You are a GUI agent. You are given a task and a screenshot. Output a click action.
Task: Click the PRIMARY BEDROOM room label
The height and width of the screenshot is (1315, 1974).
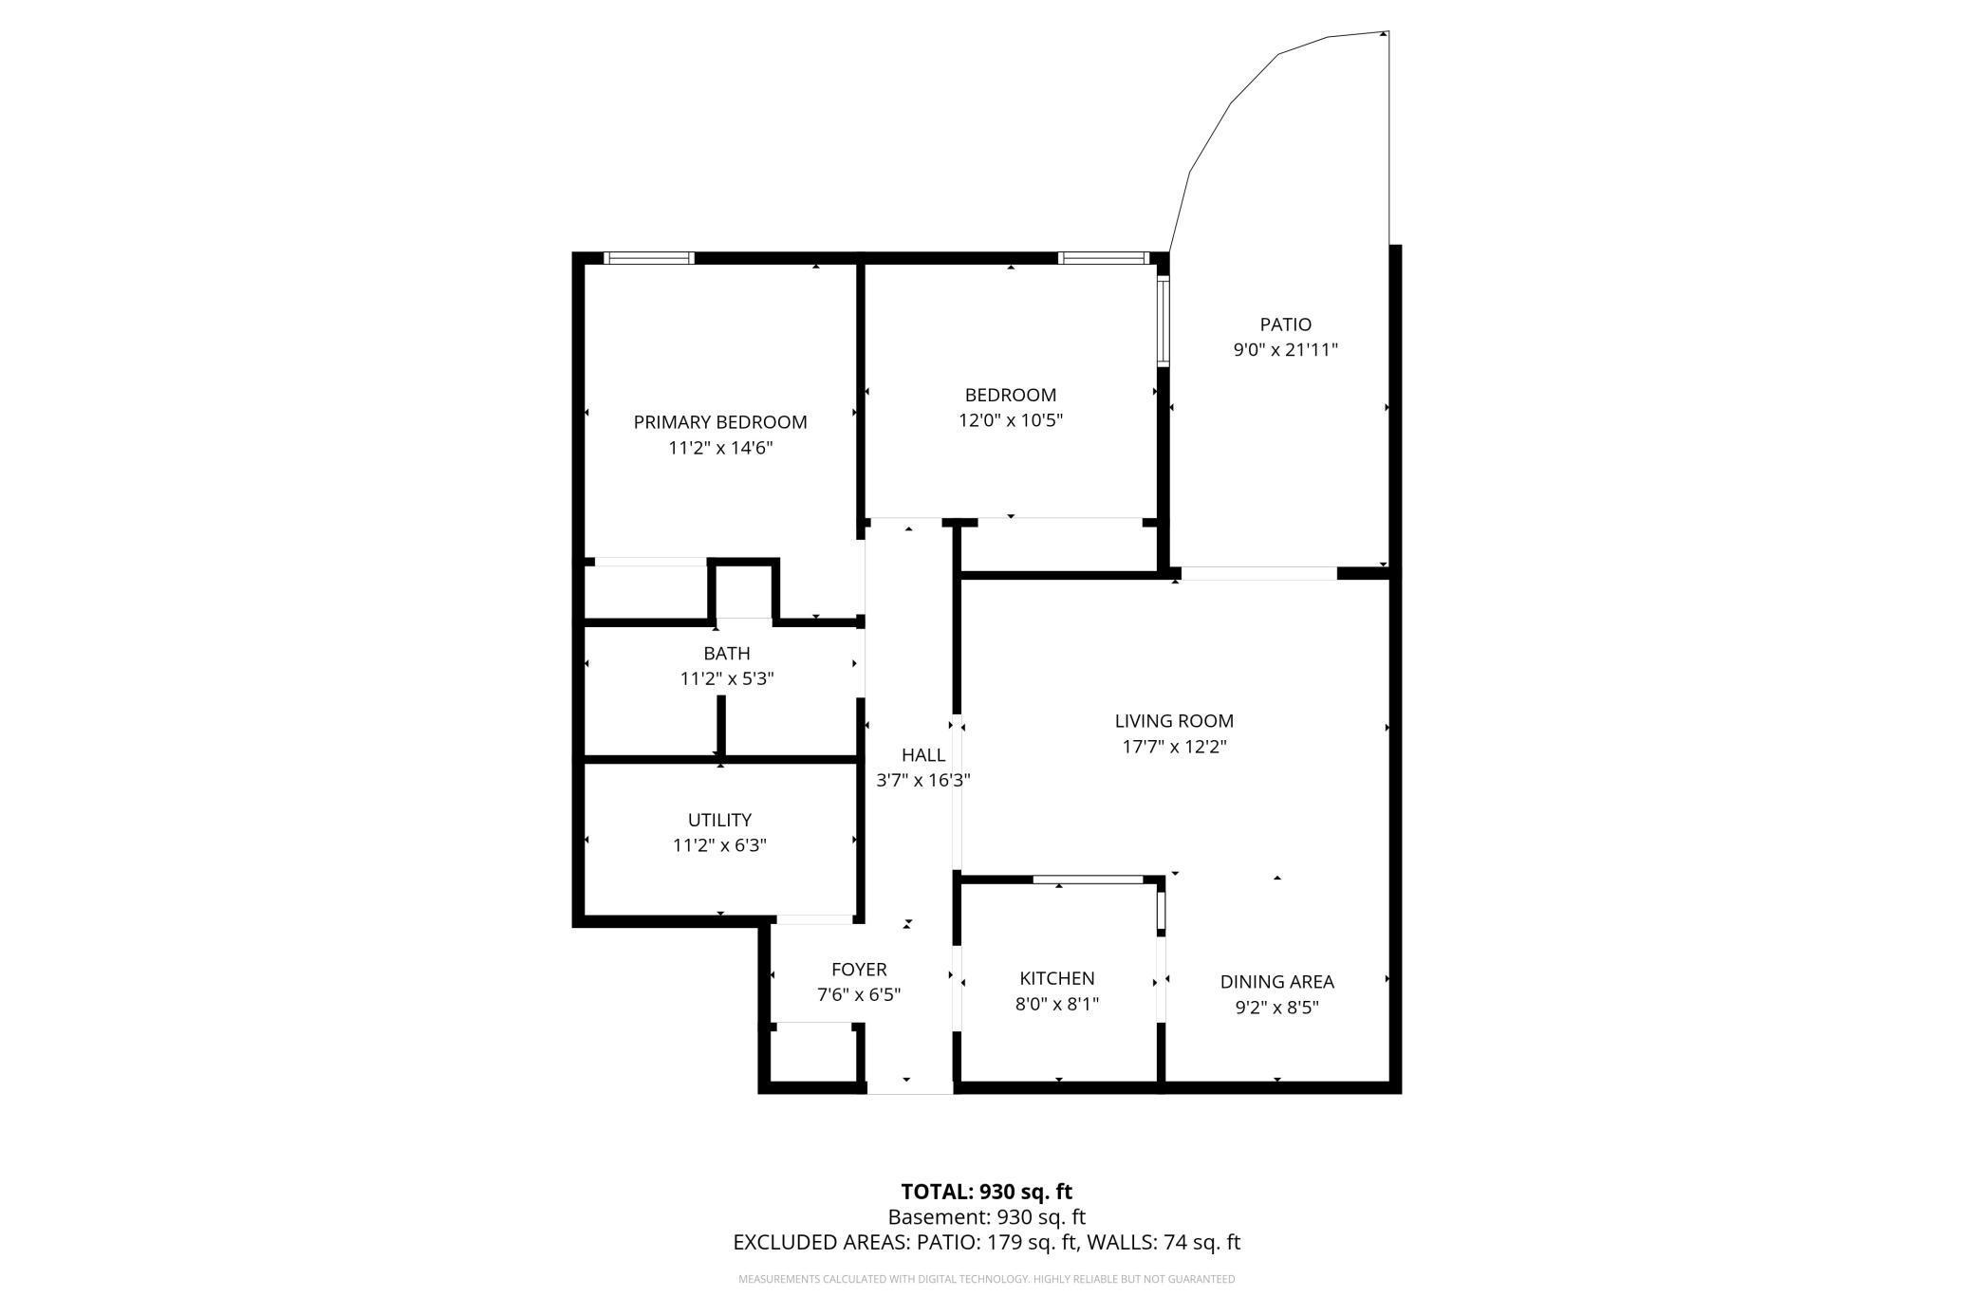click(720, 422)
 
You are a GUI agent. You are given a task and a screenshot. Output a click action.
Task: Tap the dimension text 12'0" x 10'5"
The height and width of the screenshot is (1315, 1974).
click(1010, 420)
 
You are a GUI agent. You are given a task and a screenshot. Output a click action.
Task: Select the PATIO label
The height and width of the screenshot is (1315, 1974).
click(1285, 324)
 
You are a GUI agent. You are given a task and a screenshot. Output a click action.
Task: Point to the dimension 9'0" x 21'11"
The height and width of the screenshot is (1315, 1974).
click(1285, 350)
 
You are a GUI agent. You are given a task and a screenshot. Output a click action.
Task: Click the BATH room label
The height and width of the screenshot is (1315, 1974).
click(727, 654)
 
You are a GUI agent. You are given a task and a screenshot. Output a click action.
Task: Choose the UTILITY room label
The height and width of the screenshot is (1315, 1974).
click(719, 820)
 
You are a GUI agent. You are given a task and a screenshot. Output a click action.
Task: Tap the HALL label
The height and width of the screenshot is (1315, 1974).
click(922, 755)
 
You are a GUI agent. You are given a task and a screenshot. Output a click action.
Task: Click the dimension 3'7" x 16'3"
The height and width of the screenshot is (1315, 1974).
click(922, 781)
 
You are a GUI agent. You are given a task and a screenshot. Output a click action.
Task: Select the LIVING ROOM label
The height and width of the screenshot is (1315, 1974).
click(1174, 721)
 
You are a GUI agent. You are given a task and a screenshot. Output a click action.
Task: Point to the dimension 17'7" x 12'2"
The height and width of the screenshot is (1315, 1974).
click(1174, 747)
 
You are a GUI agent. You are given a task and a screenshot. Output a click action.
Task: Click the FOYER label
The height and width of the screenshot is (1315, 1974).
click(859, 970)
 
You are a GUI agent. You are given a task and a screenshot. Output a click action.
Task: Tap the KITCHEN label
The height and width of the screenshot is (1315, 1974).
click(1057, 978)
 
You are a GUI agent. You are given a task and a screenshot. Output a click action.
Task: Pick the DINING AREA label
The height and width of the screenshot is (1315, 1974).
click(1276, 982)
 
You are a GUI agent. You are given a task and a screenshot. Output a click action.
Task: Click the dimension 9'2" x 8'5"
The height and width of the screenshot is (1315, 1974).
click(1276, 1008)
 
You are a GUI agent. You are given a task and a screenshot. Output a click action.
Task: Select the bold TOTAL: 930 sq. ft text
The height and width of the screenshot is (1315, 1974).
click(986, 1192)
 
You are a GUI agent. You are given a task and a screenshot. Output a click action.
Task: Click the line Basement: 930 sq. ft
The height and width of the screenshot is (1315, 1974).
click(986, 1217)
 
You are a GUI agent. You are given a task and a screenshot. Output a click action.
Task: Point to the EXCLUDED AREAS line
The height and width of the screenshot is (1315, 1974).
click(986, 1242)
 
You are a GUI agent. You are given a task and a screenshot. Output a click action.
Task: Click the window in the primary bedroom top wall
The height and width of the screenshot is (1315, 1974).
click(650, 258)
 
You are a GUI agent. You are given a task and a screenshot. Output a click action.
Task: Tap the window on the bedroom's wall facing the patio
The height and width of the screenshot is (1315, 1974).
click(1163, 321)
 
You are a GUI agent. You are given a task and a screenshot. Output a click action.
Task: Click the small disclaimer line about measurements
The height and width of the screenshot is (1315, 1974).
click(986, 1280)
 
